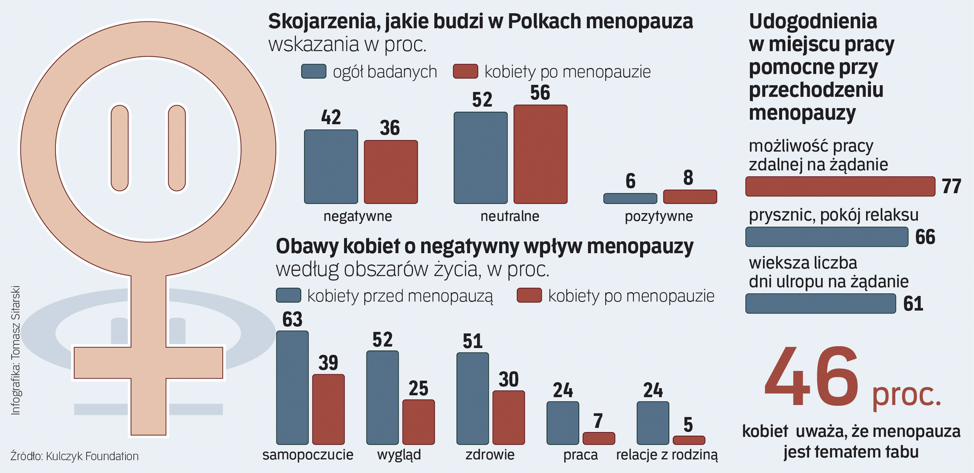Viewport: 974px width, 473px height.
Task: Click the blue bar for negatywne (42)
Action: click(x=331, y=166)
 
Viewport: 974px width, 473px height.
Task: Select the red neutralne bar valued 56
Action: click(x=540, y=154)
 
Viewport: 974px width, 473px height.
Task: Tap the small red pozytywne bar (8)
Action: click(x=690, y=197)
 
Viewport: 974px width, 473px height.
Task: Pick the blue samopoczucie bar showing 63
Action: click(x=292, y=388)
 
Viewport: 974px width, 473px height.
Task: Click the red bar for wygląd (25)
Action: click(x=419, y=422)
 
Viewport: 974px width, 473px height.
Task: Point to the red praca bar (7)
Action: click(x=599, y=438)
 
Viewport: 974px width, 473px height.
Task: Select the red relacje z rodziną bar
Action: click(x=689, y=441)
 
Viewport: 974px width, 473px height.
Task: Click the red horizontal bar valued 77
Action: click(x=840, y=186)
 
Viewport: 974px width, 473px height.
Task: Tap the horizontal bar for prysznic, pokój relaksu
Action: click(x=826, y=237)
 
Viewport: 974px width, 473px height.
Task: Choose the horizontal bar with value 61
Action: click(x=820, y=303)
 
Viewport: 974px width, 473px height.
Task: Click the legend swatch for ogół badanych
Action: click(x=314, y=72)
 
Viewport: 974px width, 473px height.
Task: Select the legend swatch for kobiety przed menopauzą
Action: click(x=288, y=295)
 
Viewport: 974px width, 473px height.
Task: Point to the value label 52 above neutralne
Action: click(x=482, y=100)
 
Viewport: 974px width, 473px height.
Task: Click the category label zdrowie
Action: click(x=490, y=455)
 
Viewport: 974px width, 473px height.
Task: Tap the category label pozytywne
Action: click(x=658, y=216)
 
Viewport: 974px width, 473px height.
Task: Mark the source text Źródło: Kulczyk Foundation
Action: click(x=74, y=456)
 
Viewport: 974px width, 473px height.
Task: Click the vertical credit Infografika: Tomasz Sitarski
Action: click(x=15, y=351)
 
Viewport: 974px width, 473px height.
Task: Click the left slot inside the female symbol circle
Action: click(x=120, y=148)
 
